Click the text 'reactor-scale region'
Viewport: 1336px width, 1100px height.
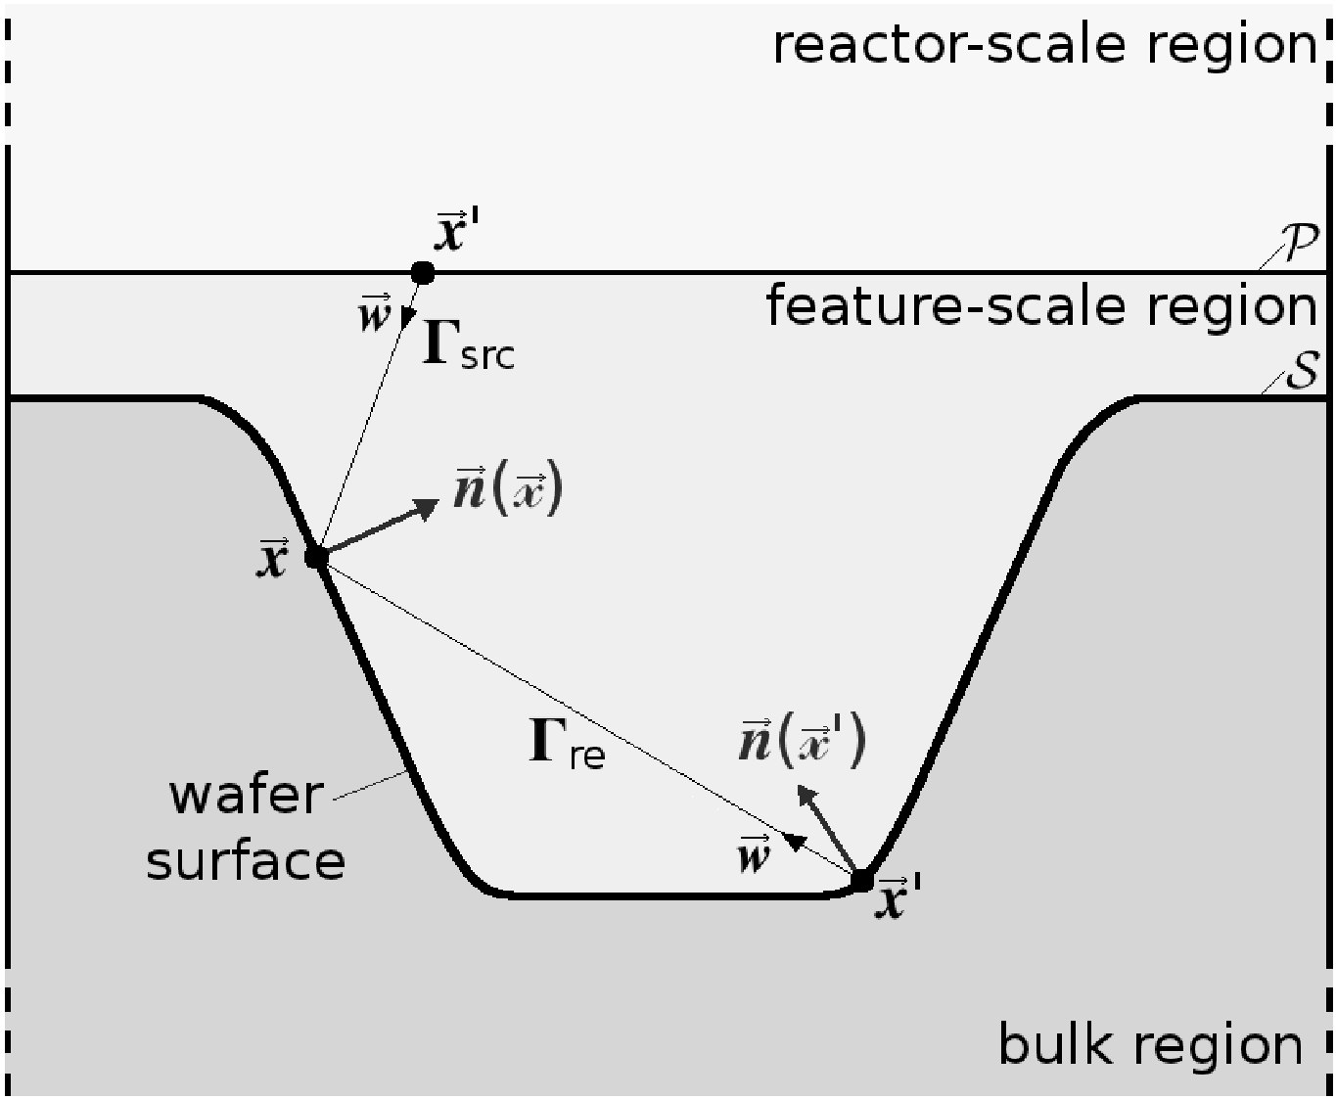[x=1045, y=46]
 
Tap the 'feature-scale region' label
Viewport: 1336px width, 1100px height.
[x=1041, y=306]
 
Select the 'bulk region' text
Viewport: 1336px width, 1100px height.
[x=1150, y=1045]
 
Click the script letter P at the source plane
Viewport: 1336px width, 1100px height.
[x=1299, y=242]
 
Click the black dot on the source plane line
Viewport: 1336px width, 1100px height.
[x=422, y=273]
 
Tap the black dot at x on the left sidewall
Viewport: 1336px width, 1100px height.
[x=316, y=558]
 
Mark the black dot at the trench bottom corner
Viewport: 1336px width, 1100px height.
[x=861, y=881]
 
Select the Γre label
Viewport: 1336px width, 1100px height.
[x=567, y=742]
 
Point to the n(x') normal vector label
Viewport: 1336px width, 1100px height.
[x=803, y=741]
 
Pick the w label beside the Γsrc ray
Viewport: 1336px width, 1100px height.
[x=375, y=313]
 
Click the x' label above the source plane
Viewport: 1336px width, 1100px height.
[x=457, y=230]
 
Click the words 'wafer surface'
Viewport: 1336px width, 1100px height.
[x=246, y=829]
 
